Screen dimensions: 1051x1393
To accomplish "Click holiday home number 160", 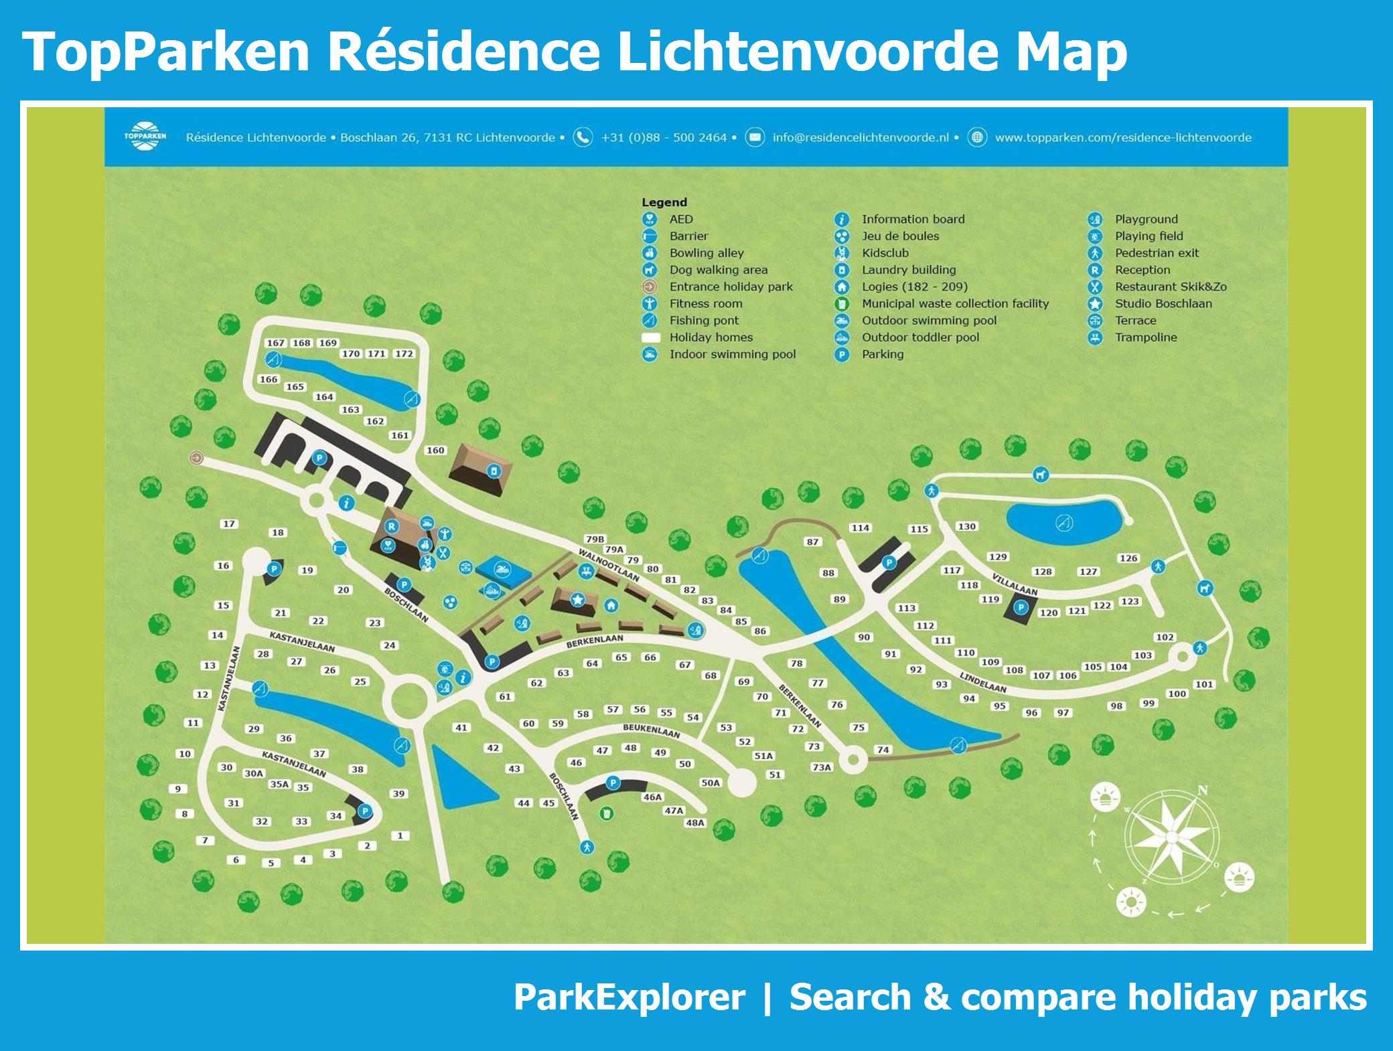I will [x=435, y=451].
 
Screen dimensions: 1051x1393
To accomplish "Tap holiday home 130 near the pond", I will [x=966, y=527].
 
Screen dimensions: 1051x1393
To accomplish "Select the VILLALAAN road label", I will [x=1015, y=584].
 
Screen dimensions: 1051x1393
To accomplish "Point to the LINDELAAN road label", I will [x=983, y=682].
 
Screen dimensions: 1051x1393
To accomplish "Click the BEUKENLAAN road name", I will [x=651, y=730].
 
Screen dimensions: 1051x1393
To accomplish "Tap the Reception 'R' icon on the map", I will [x=392, y=527].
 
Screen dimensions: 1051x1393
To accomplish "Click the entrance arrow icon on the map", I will [x=196, y=458].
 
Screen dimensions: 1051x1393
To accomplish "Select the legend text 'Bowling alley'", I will [x=707, y=253].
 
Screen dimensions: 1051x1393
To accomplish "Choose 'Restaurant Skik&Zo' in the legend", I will [x=1171, y=287].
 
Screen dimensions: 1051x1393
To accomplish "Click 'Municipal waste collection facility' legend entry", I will [x=955, y=303].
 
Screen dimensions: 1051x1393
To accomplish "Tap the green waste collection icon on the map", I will [x=607, y=814].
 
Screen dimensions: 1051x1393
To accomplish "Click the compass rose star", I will [x=1171, y=837].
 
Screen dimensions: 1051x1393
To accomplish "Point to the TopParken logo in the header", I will [x=145, y=137].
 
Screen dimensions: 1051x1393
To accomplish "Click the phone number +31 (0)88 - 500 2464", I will [x=664, y=138].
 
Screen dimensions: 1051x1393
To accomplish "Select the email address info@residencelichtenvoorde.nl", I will [x=861, y=138].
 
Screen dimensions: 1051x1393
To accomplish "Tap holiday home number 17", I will [x=229, y=524].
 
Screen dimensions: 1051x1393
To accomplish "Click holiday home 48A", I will [x=695, y=823].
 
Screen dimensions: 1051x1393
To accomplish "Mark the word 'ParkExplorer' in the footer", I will [x=629, y=997].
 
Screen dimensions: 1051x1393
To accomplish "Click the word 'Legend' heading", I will [x=664, y=202].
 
